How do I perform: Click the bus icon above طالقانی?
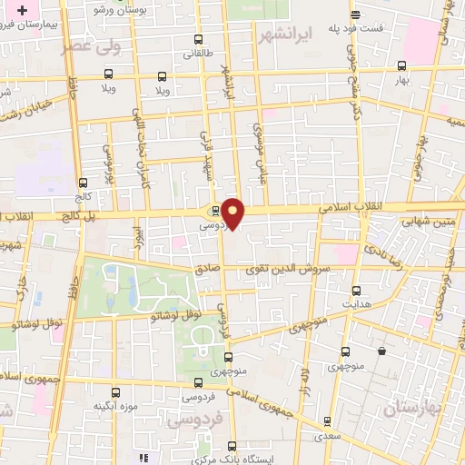tap(200, 40)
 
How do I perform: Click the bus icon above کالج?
tap(84, 182)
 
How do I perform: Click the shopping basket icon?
tap(382, 348)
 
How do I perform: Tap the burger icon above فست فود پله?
tap(354, 14)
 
